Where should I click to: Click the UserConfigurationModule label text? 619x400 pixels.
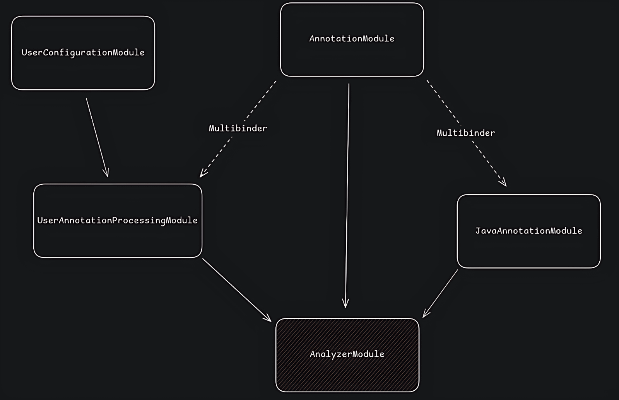[83, 53]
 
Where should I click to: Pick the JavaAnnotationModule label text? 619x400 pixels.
[528, 231]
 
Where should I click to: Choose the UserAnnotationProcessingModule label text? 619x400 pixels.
[117, 220]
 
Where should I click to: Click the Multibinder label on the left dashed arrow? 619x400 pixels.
[238, 128]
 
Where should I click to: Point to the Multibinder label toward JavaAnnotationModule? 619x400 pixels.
[465, 133]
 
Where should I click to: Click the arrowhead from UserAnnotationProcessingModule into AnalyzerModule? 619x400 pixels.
[268, 319]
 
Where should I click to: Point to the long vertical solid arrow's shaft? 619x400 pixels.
[347, 193]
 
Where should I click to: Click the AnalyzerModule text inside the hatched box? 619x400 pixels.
[347, 354]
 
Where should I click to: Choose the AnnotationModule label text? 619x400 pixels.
[352, 39]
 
